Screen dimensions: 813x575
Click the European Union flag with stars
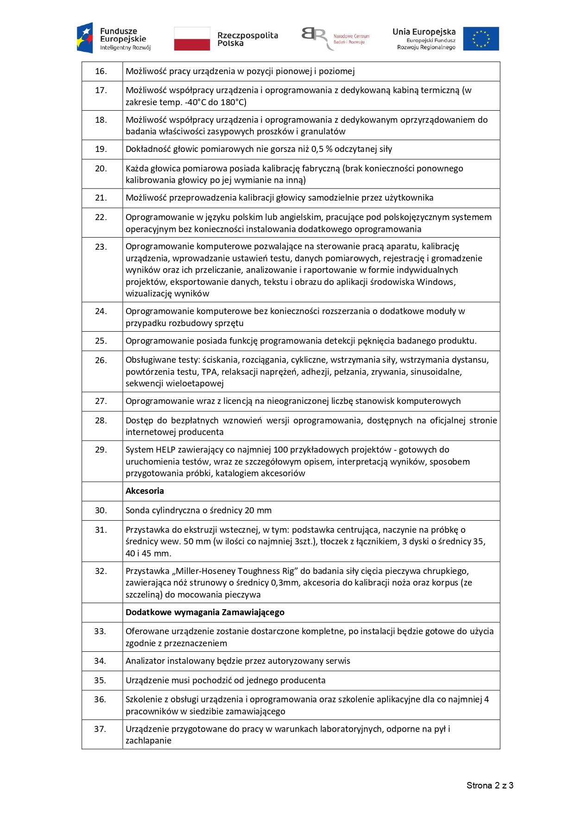(x=480, y=38)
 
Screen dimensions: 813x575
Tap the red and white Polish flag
(x=192, y=38)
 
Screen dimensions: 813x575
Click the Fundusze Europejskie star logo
(x=85, y=38)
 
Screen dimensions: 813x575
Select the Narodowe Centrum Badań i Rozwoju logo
(x=335, y=37)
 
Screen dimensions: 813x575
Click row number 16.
(x=101, y=71)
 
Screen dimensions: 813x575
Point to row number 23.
(x=101, y=247)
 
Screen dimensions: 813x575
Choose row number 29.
(x=101, y=450)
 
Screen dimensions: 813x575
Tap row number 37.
(x=100, y=729)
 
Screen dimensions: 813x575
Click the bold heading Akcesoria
(x=145, y=491)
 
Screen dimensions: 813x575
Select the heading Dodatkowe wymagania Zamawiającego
(x=205, y=612)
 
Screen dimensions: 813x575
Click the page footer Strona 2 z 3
(x=489, y=785)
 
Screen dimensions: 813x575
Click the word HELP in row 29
(x=165, y=450)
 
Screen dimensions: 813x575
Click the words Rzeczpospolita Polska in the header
(x=247, y=39)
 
